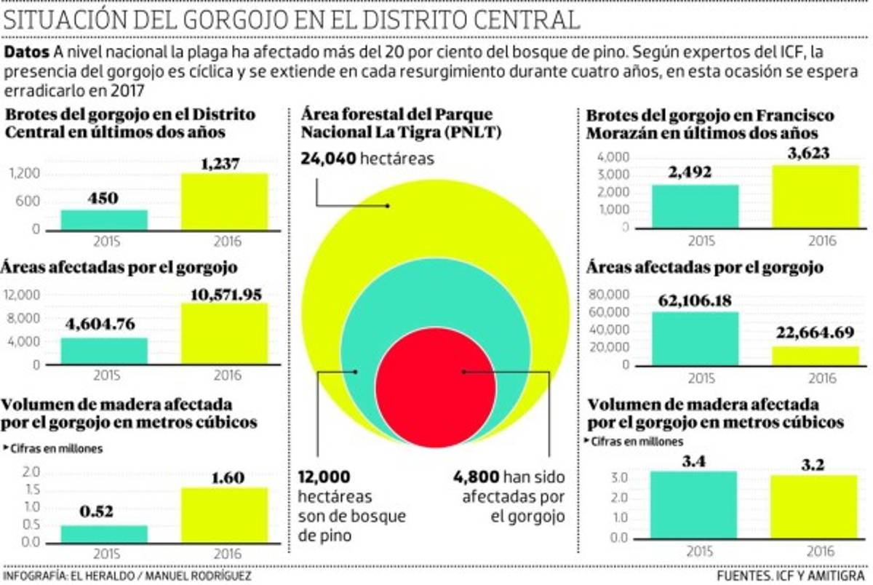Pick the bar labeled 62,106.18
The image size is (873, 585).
(x=695, y=338)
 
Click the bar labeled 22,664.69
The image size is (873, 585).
(x=816, y=356)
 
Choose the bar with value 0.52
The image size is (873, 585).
(x=104, y=534)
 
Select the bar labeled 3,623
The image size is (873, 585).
(x=816, y=196)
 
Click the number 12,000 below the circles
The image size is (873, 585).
(x=324, y=477)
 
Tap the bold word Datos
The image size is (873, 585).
(x=26, y=53)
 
